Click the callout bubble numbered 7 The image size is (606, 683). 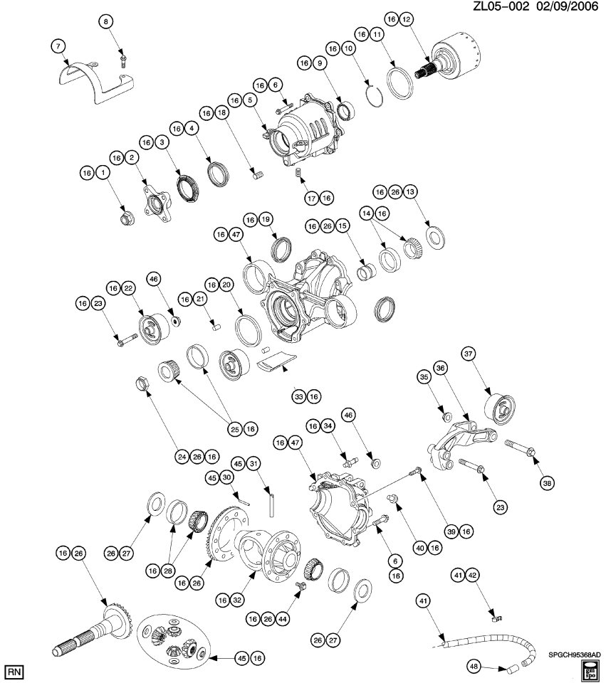pos(57,46)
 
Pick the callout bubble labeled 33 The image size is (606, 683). pos(298,395)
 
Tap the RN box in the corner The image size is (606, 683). pos(12,671)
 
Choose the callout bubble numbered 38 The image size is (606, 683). pos(547,483)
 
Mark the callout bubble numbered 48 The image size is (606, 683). pos(474,666)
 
